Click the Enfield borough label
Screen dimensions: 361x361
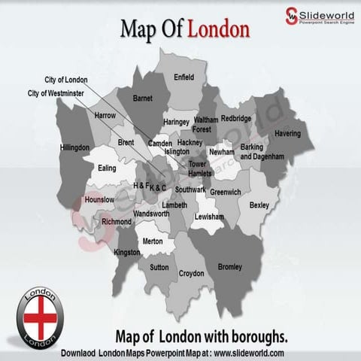click(184, 77)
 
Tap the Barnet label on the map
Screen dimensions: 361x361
click(142, 99)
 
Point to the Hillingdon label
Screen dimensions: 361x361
click(75, 147)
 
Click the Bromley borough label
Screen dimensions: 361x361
click(229, 267)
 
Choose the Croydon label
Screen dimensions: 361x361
click(191, 274)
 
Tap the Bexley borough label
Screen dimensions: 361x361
click(259, 205)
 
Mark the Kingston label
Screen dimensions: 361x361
click(127, 253)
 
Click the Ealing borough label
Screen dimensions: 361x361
click(108, 168)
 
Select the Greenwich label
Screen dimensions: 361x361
click(226, 193)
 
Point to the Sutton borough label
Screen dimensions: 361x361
click(159, 267)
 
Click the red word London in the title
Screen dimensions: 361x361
click(218, 30)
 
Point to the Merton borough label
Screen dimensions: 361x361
click(153, 241)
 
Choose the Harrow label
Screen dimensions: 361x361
click(105, 116)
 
